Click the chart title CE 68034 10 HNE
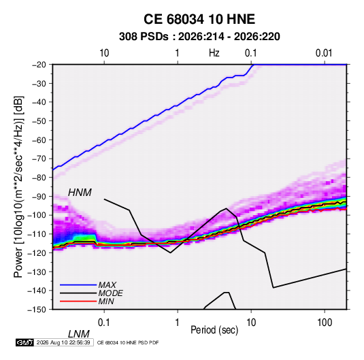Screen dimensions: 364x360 [x=199, y=19]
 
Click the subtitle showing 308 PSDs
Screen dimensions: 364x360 [x=199, y=37]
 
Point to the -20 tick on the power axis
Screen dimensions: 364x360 [x=39, y=65]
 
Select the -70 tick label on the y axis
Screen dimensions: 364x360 [x=39, y=159]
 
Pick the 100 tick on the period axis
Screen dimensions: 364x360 [x=325, y=323]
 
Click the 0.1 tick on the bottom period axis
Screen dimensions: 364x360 [x=104, y=323]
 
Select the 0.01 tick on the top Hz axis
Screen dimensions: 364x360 [x=324, y=53]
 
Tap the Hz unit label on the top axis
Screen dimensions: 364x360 [x=214, y=53]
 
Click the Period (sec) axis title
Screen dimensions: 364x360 [x=214, y=330]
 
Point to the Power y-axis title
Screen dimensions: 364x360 [x=18, y=186]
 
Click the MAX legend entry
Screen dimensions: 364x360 [x=107, y=284]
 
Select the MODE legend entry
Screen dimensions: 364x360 [x=110, y=293]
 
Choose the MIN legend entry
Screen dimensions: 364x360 [x=106, y=301]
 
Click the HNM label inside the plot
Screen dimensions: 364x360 [x=80, y=193]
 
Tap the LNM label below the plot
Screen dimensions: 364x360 [x=79, y=334]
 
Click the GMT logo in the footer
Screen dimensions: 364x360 [x=25, y=342]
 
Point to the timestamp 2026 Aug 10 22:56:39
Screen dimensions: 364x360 [x=63, y=342]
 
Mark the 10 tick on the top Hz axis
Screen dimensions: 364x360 [x=104, y=53]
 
